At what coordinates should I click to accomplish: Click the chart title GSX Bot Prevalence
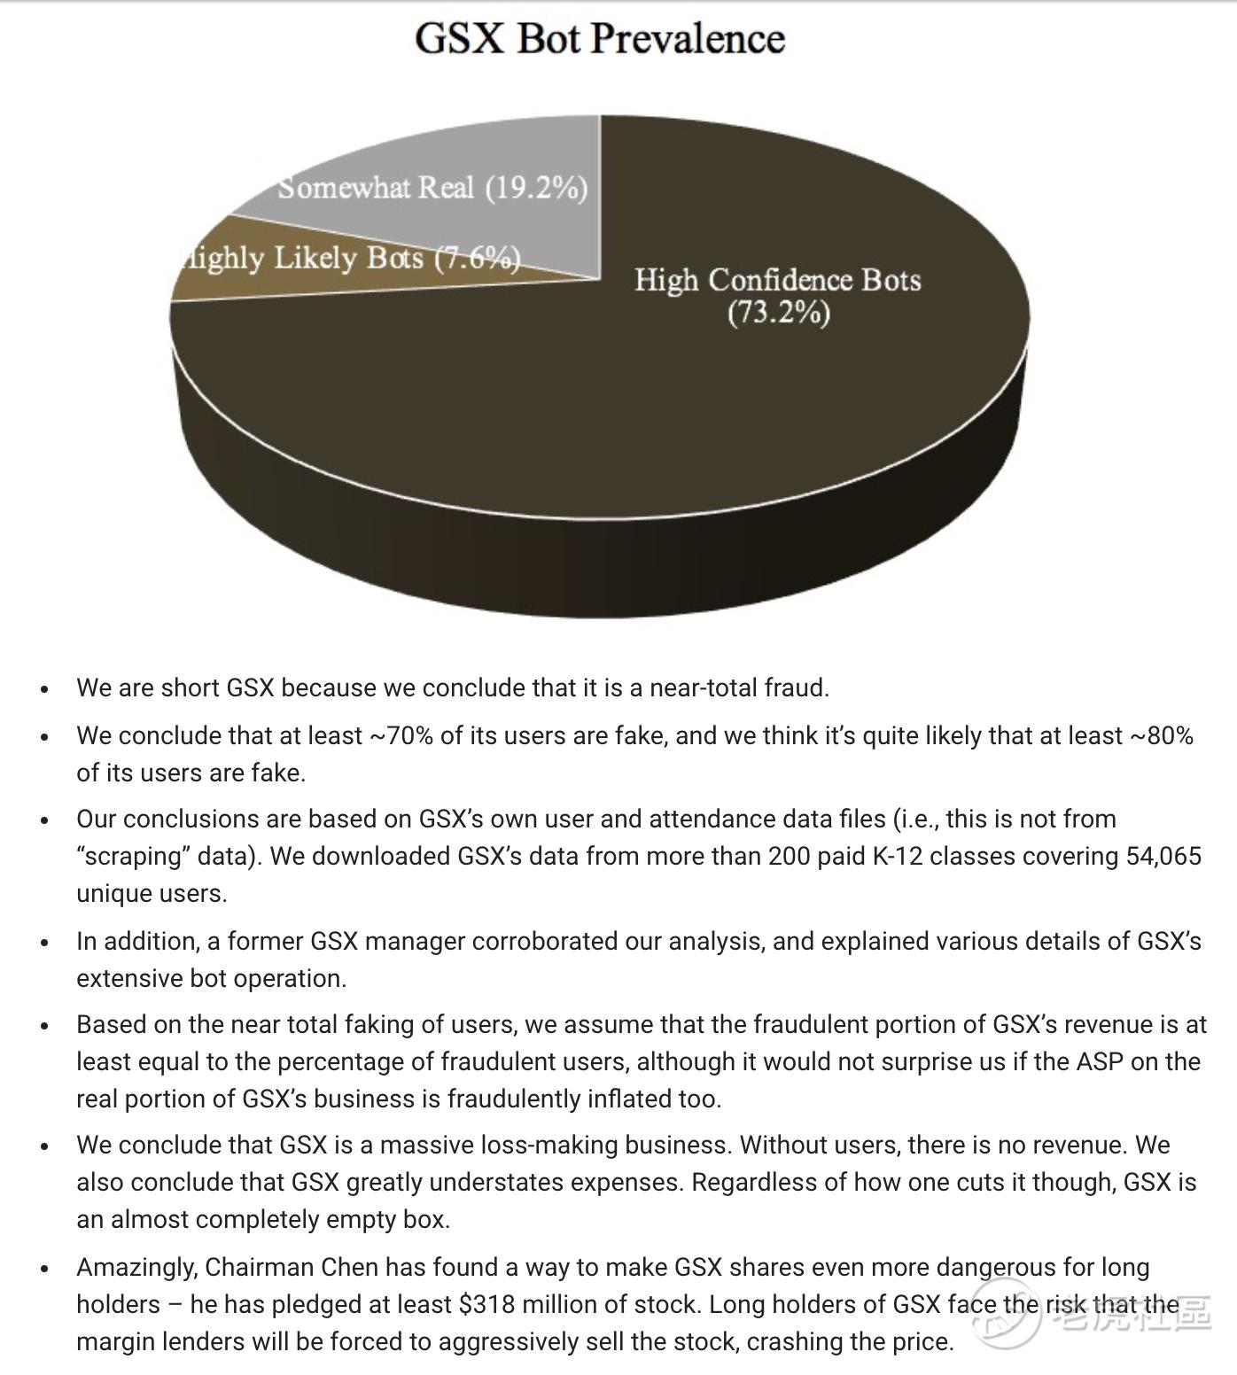(x=600, y=39)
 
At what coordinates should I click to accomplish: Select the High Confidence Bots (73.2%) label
(x=778, y=296)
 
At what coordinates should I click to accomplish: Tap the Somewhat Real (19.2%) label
(x=432, y=188)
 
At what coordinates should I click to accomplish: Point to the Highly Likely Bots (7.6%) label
(x=349, y=258)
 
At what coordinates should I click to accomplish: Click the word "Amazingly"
(x=137, y=1267)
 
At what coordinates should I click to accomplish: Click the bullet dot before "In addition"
(x=45, y=943)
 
